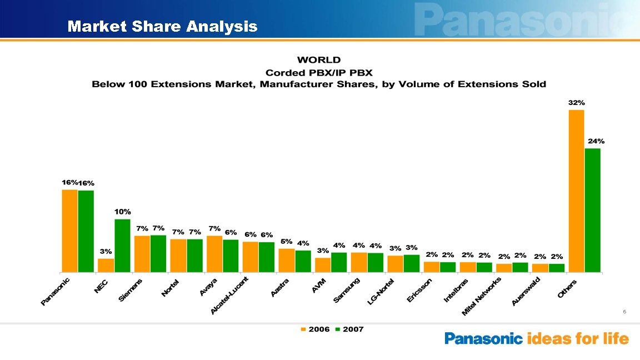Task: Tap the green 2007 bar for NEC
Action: click(122, 245)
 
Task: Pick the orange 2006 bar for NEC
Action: click(106, 265)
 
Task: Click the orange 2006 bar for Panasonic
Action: click(69, 231)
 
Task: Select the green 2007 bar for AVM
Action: click(339, 262)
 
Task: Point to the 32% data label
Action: click(576, 103)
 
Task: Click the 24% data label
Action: click(596, 141)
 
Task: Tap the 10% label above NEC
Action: click(123, 212)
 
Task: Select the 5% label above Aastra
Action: click(286, 242)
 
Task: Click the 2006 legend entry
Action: click(315, 329)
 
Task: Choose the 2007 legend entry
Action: click(349, 329)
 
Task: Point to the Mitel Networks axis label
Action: click(482, 297)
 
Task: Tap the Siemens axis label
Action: click(132, 290)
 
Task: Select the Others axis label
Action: click(568, 288)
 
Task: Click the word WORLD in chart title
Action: click(319, 60)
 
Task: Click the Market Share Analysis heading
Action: click(162, 26)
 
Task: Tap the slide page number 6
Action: click(624, 312)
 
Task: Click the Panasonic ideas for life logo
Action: click(537, 338)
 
